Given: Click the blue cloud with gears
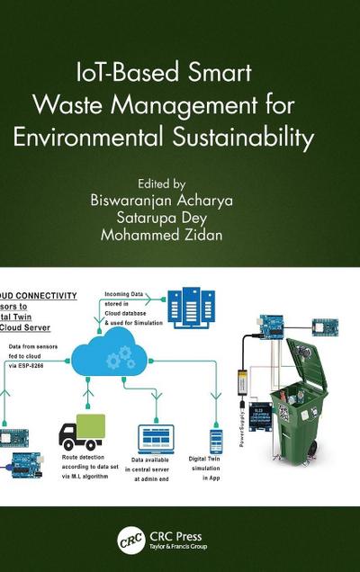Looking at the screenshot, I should click(130, 355).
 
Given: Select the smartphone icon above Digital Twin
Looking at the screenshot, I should click(216, 441).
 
